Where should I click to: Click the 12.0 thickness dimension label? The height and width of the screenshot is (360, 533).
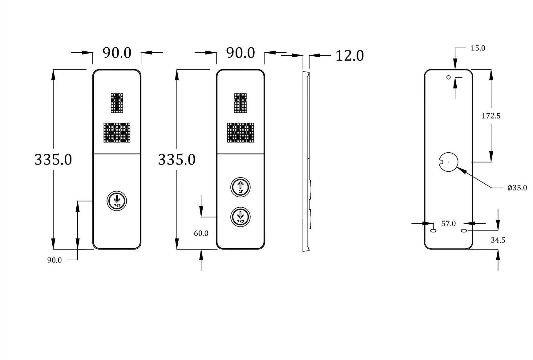click(349, 56)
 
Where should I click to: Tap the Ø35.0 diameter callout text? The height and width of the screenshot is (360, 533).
click(517, 187)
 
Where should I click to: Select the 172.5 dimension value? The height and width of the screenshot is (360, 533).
click(491, 116)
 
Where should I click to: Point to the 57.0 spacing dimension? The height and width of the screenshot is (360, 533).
click(448, 223)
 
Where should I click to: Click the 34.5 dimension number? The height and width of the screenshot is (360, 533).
click(498, 240)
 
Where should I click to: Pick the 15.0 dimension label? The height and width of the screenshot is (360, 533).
click(478, 48)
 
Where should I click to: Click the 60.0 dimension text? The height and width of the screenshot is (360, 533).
click(201, 233)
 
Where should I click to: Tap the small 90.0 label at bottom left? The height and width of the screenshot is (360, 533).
click(54, 260)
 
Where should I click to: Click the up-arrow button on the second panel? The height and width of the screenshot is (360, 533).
click(240, 187)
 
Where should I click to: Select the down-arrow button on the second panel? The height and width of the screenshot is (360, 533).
click(240, 217)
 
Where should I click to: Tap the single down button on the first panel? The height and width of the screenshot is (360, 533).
click(117, 201)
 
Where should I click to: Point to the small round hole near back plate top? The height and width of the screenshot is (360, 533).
click(448, 77)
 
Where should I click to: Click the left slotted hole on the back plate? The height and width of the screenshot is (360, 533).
click(433, 230)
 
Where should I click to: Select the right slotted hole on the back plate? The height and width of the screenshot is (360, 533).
click(464, 230)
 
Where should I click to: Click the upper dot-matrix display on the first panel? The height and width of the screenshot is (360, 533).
click(117, 103)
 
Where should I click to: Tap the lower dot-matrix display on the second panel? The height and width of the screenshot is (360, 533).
click(240, 133)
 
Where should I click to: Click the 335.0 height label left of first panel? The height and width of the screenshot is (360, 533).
click(53, 159)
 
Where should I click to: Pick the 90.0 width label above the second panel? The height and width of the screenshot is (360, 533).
click(240, 53)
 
